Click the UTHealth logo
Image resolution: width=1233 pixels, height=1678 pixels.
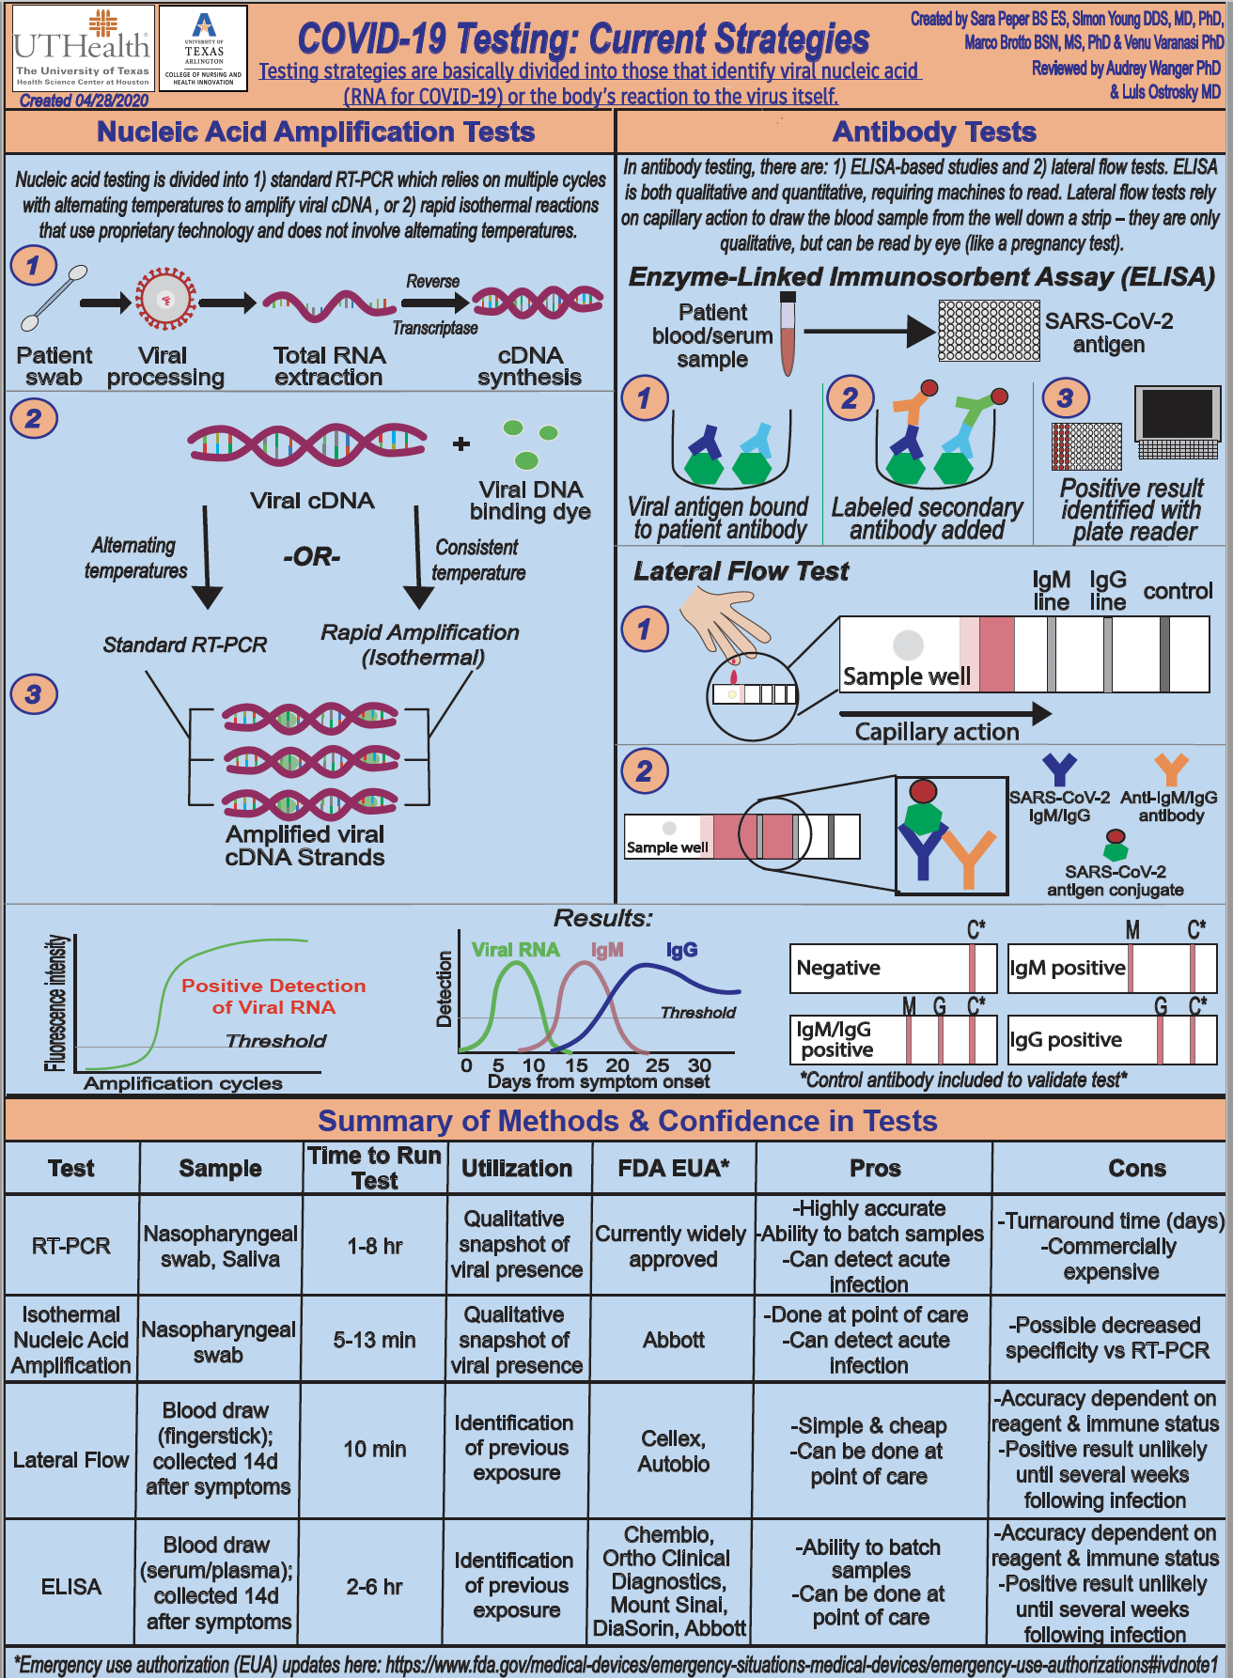[82, 49]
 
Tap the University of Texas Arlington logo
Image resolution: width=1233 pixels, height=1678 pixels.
[203, 49]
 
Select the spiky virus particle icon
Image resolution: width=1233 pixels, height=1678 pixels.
[165, 300]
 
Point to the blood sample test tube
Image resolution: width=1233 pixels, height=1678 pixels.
[788, 333]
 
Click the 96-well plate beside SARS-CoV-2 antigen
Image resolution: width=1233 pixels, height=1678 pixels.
[989, 331]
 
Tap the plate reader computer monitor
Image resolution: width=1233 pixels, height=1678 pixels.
[1178, 421]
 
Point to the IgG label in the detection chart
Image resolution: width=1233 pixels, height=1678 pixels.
[681, 950]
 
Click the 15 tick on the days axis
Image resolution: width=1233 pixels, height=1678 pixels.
[576, 1065]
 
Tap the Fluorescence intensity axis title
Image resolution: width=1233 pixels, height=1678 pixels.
[55, 1002]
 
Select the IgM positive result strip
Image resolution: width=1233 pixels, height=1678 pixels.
[1113, 969]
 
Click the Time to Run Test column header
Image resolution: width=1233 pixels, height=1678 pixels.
[374, 1168]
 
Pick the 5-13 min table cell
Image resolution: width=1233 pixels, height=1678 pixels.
[374, 1340]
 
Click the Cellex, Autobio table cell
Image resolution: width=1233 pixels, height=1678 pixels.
[673, 1451]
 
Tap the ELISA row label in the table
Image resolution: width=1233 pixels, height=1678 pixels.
[71, 1587]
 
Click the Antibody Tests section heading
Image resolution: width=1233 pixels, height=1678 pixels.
[934, 132]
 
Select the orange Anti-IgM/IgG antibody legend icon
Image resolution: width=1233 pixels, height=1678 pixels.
[1171, 769]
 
